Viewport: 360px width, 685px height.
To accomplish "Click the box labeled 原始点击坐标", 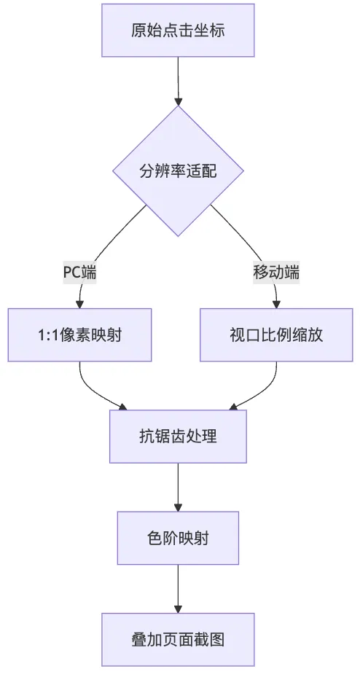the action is coord(178,30).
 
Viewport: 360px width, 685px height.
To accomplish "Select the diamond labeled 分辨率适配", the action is coord(178,171).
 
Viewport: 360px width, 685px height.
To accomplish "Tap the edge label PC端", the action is coord(79,273).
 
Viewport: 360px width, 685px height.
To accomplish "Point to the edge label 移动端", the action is coord(276,273).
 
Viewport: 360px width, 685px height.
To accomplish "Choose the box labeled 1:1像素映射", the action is coord(79,335).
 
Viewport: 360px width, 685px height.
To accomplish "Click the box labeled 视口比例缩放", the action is coord(276,335).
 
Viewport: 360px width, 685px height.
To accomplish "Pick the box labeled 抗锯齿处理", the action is coord(178,437).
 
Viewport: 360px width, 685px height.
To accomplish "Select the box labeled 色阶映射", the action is coord(178,538).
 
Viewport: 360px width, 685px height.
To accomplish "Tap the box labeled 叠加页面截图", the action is coord(178,640).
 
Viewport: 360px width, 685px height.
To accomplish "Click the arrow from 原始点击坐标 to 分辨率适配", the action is coord(178,82).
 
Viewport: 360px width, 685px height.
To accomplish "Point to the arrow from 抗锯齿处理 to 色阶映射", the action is coord(178,487).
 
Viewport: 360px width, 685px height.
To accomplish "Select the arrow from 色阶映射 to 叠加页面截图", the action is coord(178,589).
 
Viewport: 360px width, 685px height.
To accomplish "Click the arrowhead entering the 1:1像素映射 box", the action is coord(79,305).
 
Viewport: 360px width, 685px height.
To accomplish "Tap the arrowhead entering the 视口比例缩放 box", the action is coord(276,305).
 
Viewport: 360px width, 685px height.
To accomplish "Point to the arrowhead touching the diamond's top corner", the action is coord(178,102).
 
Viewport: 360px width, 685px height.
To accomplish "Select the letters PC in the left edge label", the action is coord(71,273).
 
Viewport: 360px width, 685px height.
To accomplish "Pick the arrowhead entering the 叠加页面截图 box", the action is coord(178,609).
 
